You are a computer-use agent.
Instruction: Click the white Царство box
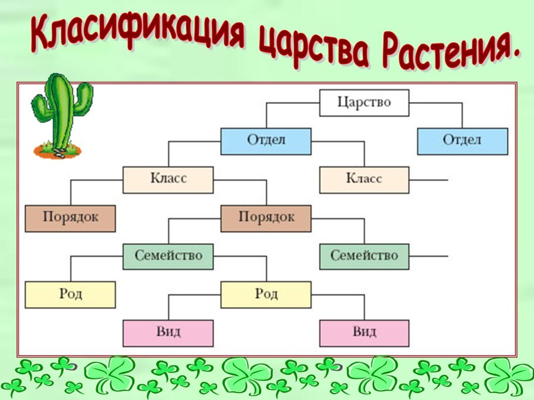(364, 103)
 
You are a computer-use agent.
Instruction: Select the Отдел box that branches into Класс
(266, 141)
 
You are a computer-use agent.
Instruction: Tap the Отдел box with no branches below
(462, 141)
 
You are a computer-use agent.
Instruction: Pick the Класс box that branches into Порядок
(168, 179)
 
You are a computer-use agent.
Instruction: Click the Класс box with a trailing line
(364, 179)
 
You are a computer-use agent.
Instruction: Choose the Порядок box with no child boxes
(70, 218)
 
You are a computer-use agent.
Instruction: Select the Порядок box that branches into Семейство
(266, 218)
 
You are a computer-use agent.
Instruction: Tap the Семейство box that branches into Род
(168, 256)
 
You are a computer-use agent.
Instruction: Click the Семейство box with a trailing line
(364, 256)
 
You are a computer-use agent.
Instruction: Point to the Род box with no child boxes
(70, 294)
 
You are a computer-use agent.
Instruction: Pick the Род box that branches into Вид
(266, 294)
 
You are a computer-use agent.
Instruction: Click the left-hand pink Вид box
(168, 333)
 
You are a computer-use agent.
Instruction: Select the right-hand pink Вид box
(364, 333)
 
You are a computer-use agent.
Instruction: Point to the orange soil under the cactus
(59, 151)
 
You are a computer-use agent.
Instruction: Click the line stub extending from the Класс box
(428, 179)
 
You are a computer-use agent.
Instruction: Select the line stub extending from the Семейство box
(428, 256)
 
